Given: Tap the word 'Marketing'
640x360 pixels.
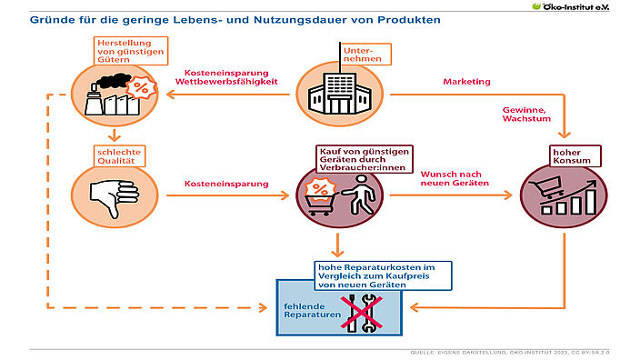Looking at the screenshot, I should (466, 82).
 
